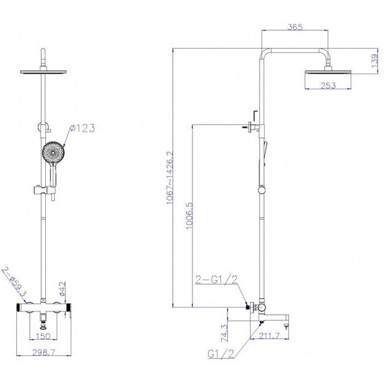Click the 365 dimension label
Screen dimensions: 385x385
click(295, 27)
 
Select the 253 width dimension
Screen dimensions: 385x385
click(328, 86)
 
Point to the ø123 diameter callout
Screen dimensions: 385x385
click(82, 128)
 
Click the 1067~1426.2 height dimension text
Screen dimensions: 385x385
click(170, 178)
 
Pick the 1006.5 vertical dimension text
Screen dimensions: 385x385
click(190, 215)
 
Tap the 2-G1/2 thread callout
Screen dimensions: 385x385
click(217, 280)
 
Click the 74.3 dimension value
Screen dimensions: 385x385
click(225, 333)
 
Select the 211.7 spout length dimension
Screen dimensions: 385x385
click(269, 336)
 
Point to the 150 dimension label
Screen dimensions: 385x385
click(43, 336)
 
